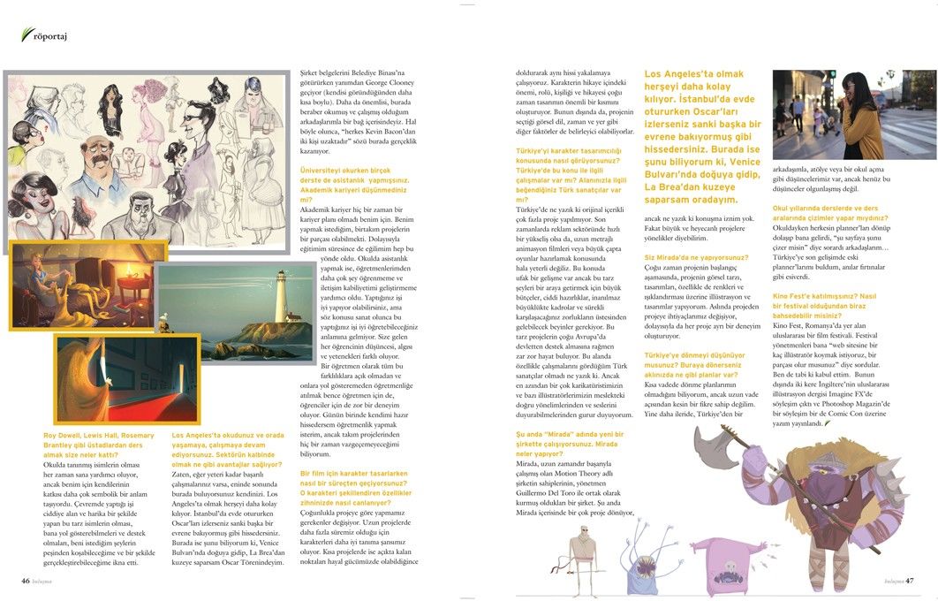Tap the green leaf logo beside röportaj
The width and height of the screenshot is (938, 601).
pos(26,34)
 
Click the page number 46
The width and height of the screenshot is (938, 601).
pos(26,581)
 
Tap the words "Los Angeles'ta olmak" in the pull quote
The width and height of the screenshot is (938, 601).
pos(694,74)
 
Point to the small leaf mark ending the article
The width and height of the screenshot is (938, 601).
pos(828,422)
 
